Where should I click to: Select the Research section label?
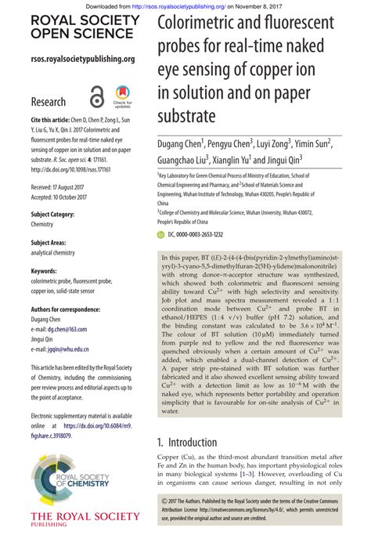(x=49, y=103)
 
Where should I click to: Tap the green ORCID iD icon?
(x=161, y=233)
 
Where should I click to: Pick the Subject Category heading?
(x=52, y=214)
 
